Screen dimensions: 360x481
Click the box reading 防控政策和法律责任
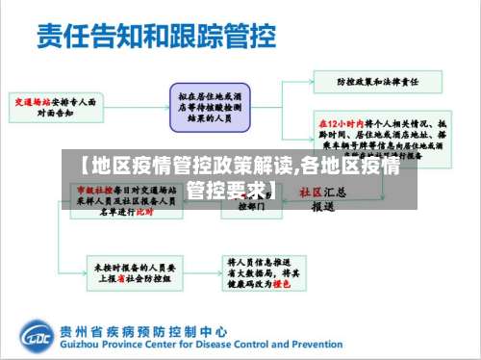point(368,83)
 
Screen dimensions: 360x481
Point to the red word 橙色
point(281,285)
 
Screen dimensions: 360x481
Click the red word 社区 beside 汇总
point(310,192)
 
